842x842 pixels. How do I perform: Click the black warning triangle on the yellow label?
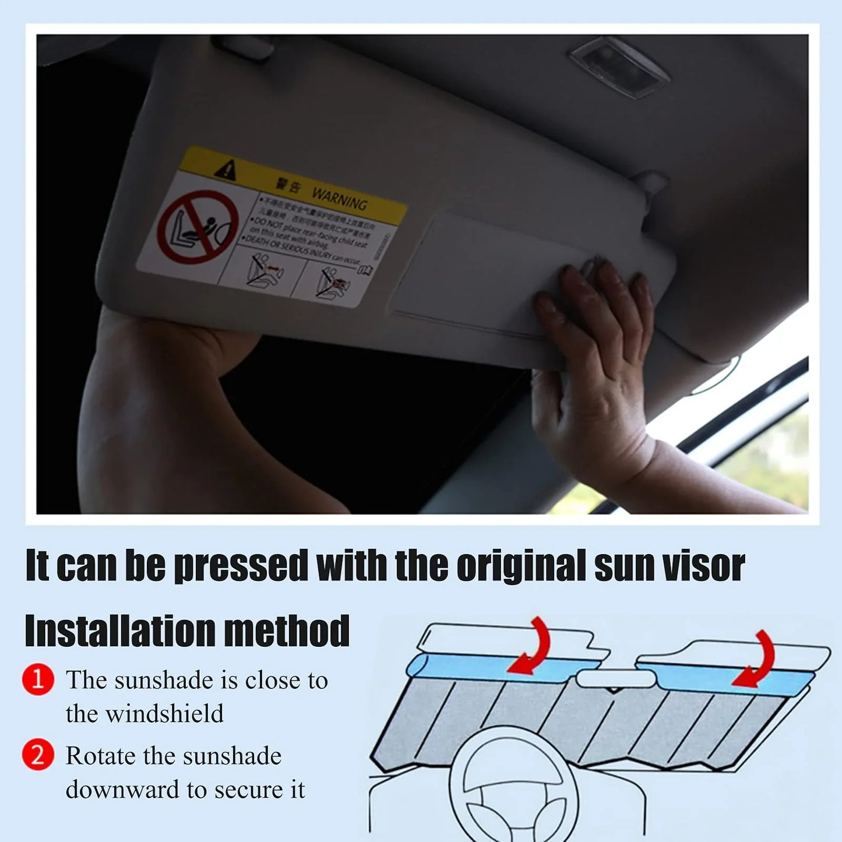[226, 170]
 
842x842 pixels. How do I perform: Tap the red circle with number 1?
[38, 679]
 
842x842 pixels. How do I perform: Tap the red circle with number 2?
[38, 755]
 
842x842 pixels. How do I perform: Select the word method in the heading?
[287, 631]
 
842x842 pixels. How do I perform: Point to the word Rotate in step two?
[100, 756]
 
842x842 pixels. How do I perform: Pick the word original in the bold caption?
[521, 566]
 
